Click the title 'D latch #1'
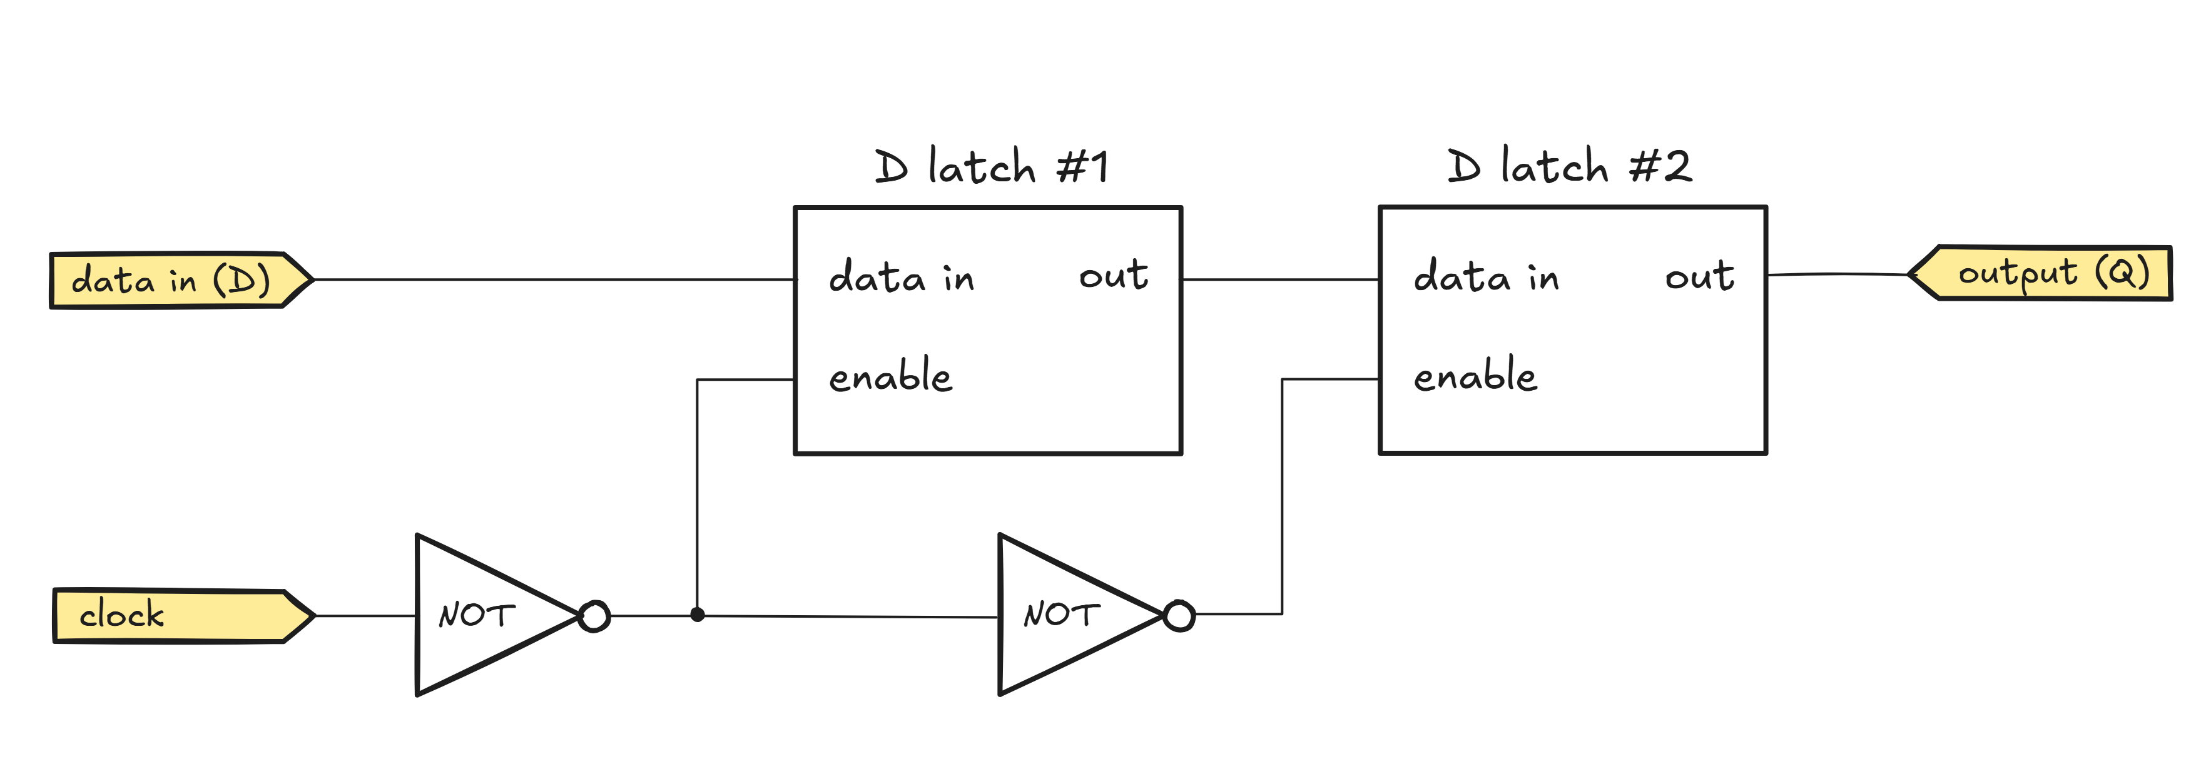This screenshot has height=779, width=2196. [992, 166]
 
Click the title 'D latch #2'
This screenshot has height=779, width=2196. [1568, 166]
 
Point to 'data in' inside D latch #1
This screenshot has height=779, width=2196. [901, 278]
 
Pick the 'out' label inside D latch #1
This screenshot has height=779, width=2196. [1114, 275]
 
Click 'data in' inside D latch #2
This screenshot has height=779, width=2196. [1486, 278]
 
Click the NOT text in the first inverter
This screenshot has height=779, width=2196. [475, 615]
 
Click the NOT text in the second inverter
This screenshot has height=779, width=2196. [1060, 615]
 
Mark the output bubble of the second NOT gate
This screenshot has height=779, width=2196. [1179, 615]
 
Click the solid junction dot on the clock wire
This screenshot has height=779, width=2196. [698, 615]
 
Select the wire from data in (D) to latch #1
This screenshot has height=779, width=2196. [554, 279]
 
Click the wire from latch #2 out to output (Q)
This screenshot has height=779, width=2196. [1837, 274]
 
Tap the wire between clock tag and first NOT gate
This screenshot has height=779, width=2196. [365, 615]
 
